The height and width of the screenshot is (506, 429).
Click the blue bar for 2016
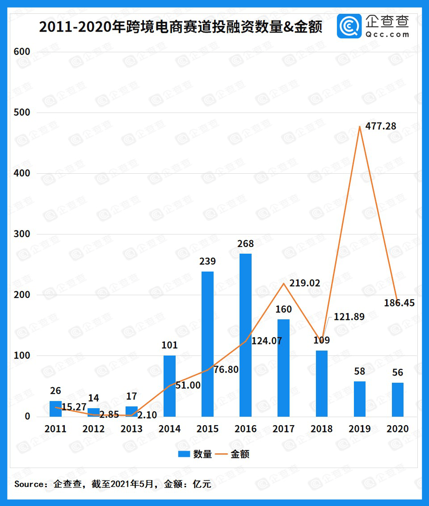click(245, 335)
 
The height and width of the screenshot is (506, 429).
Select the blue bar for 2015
click(207, 344)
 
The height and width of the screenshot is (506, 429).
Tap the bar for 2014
click(169, 386)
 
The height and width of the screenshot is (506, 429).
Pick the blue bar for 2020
click(397, 399)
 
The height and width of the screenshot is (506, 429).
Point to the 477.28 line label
click(381, 126)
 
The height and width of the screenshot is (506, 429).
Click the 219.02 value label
click(305, 283)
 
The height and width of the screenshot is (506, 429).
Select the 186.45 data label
click(399, 303)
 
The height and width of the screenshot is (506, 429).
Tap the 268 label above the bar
click(245, 244)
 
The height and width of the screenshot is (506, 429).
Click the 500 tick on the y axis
click(21, 113)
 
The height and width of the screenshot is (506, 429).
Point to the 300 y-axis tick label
click(21, 234)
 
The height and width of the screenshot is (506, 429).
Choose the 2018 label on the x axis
click(321, 429)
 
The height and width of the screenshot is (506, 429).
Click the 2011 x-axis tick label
click(55, 429)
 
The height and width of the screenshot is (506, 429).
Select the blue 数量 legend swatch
click(184, 454)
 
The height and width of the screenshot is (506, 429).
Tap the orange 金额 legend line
click(221, 454)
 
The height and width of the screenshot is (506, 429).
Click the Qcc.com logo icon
click(349, 26)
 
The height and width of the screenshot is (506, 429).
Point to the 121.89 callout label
click(349, 317)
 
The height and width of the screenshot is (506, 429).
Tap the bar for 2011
click(55, 409)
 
